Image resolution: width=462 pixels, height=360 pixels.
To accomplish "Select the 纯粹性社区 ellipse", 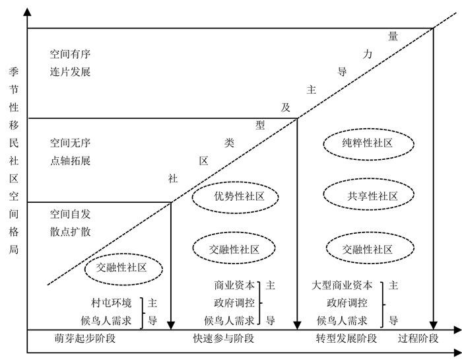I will [368, 143].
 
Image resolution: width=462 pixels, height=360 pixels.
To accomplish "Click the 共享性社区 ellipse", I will [368, 196].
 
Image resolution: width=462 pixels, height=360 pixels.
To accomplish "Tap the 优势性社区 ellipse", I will [235, 196].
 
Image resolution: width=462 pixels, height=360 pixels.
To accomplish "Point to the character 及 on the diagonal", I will [285, 108].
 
